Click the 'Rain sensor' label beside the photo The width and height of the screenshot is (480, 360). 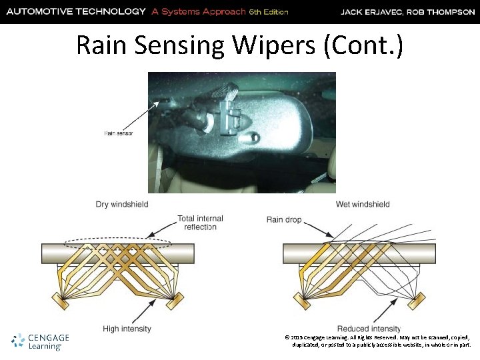click(119, 133)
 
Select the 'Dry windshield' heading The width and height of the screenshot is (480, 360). click(122, 204)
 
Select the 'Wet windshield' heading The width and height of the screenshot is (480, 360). click(363, 204)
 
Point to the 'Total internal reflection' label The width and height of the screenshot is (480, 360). click(201, 223)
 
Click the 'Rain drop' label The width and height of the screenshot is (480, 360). click(285, 219)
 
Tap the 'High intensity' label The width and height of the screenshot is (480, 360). click(127, 329)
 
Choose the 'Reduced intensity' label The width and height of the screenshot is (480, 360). click(369, 329)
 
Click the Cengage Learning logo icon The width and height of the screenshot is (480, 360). click(18, 341)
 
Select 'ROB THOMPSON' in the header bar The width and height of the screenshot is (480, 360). click(443, 12)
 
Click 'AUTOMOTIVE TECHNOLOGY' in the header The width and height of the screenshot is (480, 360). click(74, 12)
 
